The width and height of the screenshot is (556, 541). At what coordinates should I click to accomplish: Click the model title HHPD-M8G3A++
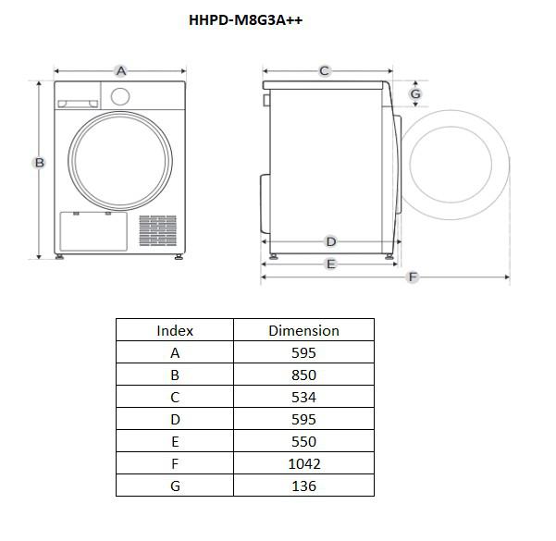[245, 20]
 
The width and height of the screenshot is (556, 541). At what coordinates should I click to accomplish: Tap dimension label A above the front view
[120, 70]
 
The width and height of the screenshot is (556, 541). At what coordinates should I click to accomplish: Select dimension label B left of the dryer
[39, 163]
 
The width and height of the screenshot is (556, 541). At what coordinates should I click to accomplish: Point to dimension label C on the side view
[325, 70]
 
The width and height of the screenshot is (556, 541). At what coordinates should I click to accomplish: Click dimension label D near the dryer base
[330, 241]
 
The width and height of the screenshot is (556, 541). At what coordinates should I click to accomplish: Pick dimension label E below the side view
[330, 264]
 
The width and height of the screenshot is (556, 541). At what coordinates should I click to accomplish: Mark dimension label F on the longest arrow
[413, 277]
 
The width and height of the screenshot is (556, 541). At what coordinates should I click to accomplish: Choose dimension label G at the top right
[415, 93]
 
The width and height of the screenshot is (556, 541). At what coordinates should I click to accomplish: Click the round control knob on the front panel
[119, 96]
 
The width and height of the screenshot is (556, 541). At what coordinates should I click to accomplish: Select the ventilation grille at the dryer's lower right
[157, 231]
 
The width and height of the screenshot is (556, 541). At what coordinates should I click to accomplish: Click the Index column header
[175, 330]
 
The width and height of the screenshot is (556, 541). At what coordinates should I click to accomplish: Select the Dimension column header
[303, 330]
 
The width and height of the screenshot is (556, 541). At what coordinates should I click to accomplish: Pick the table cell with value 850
[303, 375]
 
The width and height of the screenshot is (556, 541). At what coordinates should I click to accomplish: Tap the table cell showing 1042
[303, 464]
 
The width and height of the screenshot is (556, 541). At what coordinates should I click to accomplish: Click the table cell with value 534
[303, 398]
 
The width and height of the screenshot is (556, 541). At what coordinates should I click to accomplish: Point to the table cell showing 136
[303, 486]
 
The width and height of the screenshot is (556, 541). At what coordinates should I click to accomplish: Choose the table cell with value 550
[303, 442]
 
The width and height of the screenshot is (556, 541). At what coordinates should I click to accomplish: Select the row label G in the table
[175, 486]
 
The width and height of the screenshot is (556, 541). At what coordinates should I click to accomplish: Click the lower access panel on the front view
[93, 230]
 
